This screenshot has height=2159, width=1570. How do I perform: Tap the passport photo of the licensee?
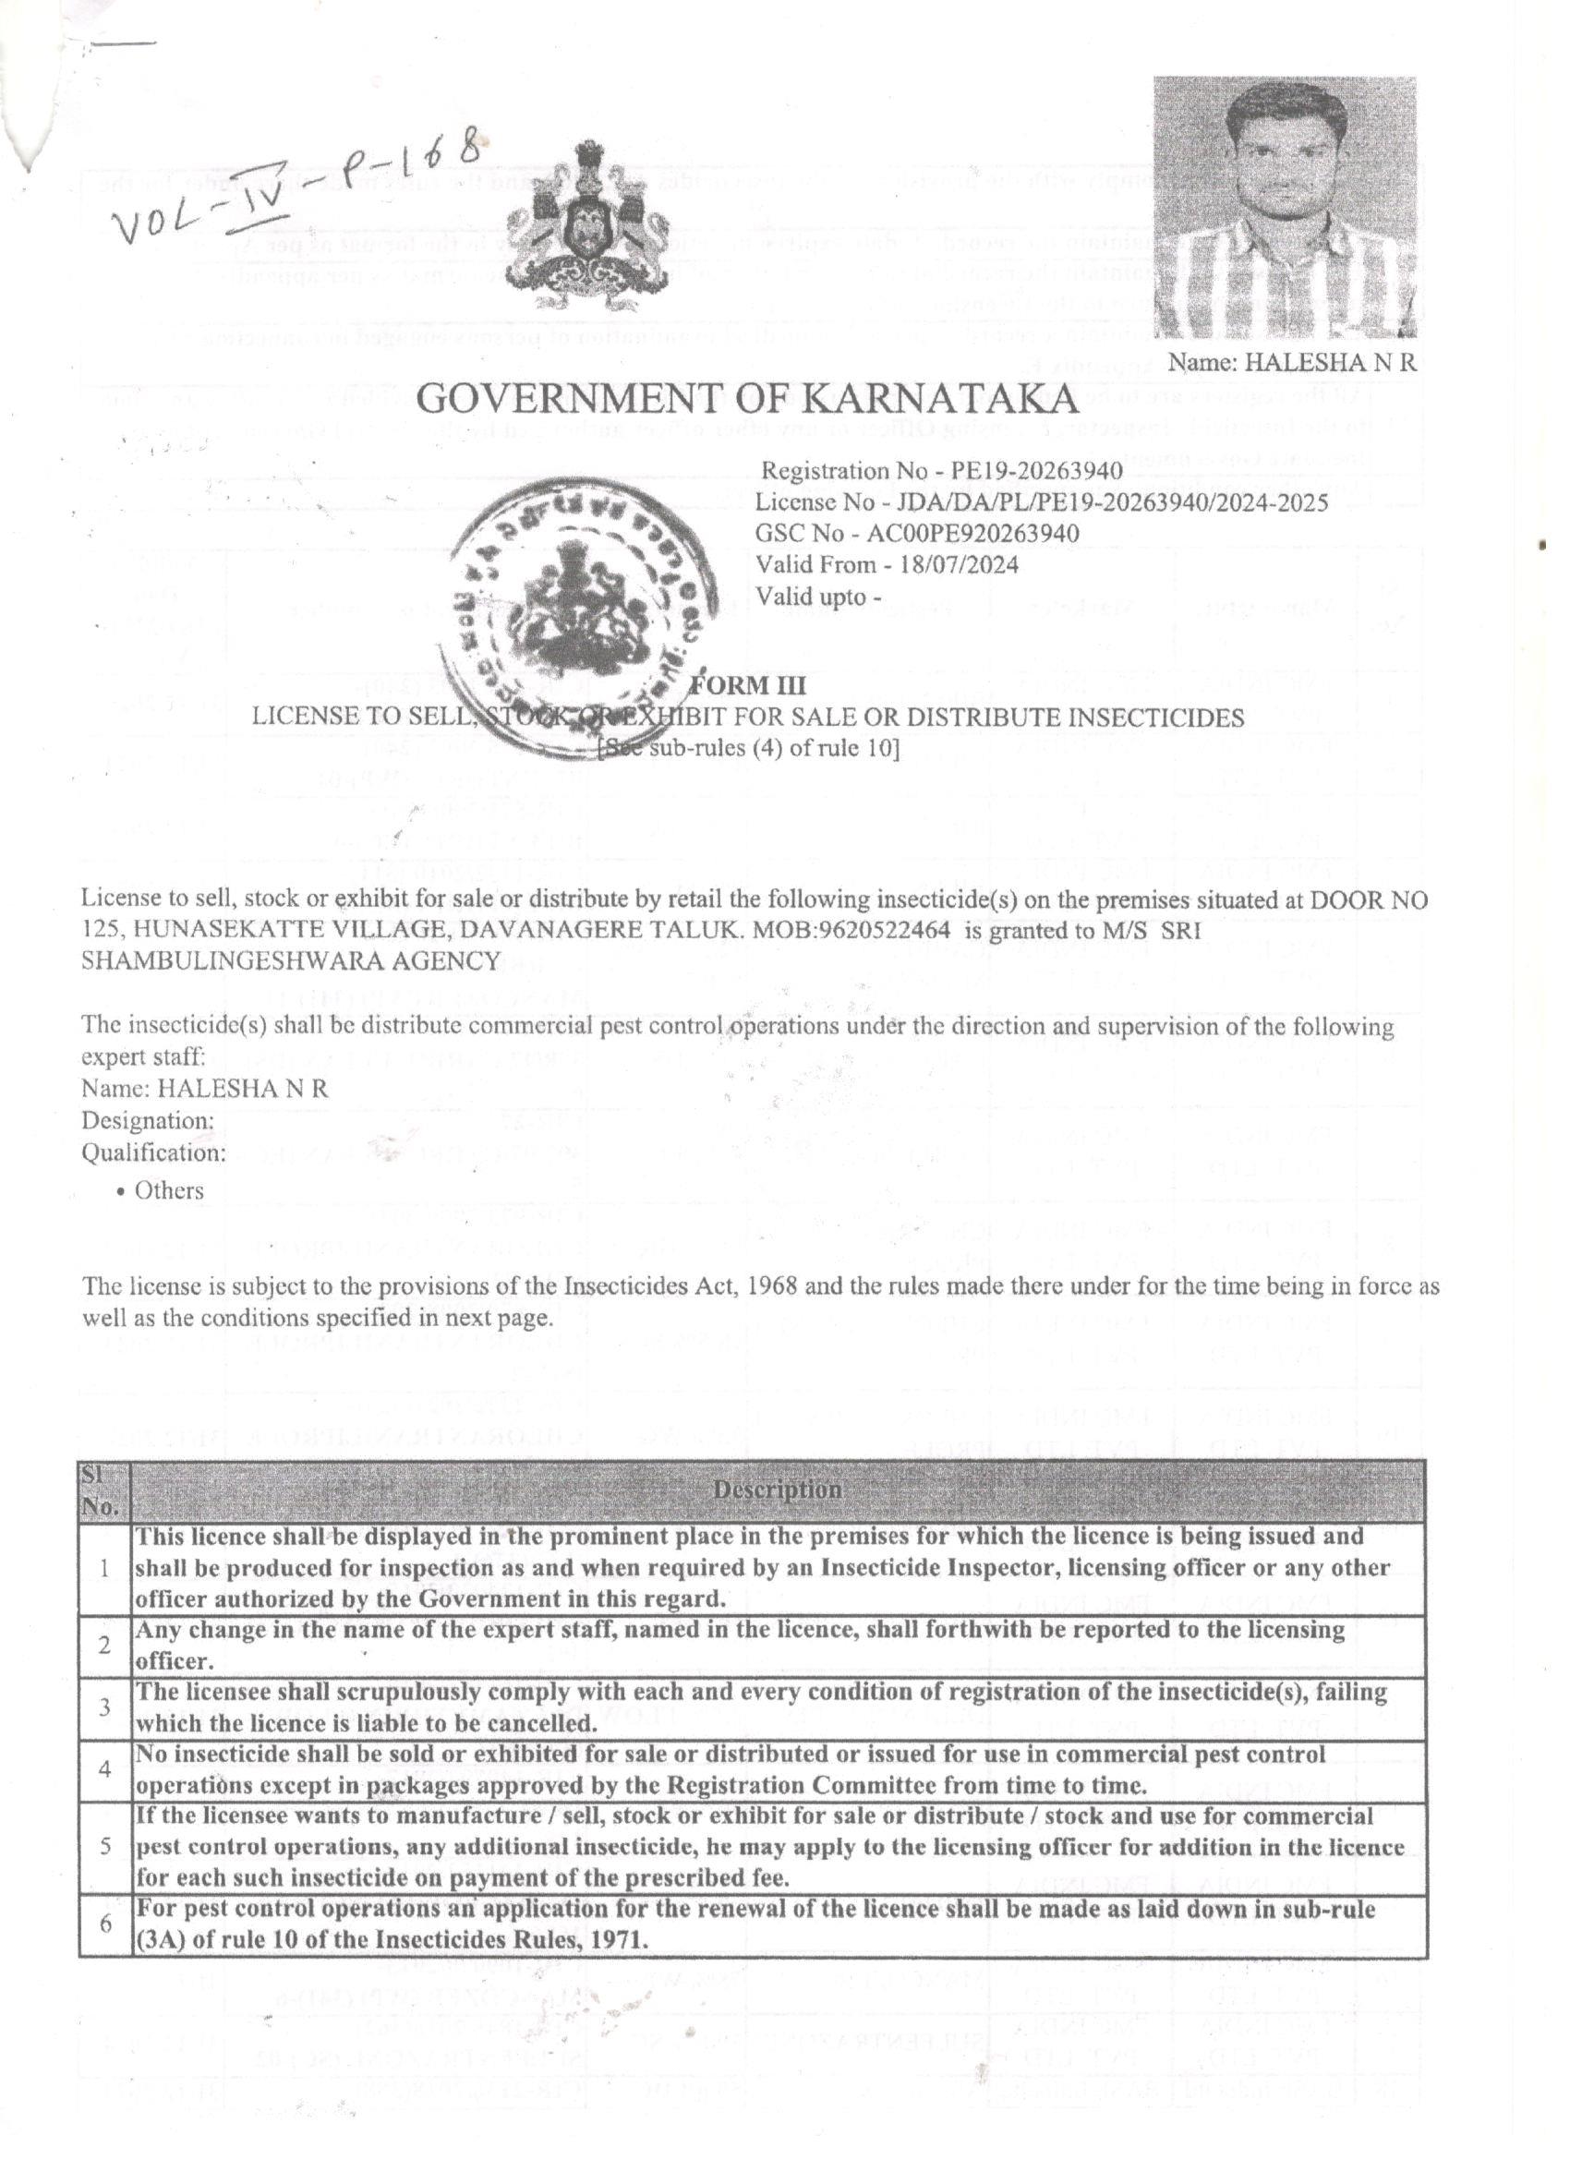(1285, 207)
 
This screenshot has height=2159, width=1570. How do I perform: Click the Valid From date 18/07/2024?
(965, 564)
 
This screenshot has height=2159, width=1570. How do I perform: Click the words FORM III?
(747, 685)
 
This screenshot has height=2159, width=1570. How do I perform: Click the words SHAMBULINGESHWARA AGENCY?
(290, 960)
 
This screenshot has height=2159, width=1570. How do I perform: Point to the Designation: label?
(148, 1120)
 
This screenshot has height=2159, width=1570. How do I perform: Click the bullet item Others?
(168, 1191)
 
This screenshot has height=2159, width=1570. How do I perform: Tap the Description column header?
(777, 1490)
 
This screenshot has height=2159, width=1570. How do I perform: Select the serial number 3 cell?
(104, 1707)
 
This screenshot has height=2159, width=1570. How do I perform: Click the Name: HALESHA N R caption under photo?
(1292, 362)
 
